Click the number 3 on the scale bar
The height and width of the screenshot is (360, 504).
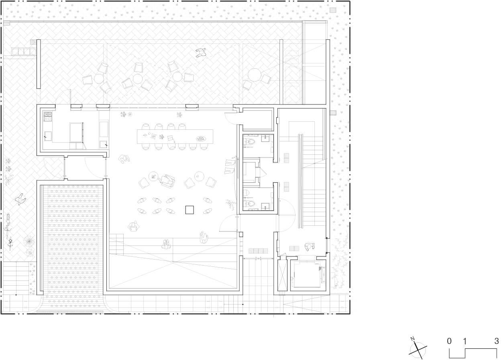click(496, 341)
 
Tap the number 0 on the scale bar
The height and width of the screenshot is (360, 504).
click(449, 341)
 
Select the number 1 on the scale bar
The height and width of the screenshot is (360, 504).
click(464, 341)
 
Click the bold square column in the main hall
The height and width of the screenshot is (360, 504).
click(190, 210)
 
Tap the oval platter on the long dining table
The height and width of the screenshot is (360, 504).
click(200, 139)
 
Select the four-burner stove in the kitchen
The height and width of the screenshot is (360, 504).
click(48, 116)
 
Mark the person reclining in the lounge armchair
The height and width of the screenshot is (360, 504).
click(167, 180)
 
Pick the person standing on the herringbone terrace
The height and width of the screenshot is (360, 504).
click(201, 53)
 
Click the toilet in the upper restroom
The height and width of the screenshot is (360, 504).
click(251, 141)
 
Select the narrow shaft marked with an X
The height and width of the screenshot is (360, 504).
click(282, 275)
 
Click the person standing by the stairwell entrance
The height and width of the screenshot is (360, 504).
click(309, 247)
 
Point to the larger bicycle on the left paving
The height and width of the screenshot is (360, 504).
click(8, 225)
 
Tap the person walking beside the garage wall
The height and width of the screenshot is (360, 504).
click(20, 199)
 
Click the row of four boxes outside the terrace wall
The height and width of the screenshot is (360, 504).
click(24, 51)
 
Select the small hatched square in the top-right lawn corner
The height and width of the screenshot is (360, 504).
click(333, 10)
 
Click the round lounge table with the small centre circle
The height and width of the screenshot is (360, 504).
click(199, 176)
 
